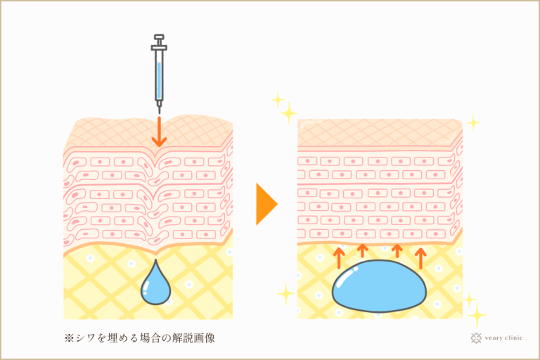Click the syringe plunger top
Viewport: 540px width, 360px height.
click(x=159, y=37)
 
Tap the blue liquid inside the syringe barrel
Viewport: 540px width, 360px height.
click(x=159, y=80)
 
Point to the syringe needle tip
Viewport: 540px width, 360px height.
click(x=159, y=112)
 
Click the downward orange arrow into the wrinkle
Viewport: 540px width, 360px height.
click(x=159, y=131)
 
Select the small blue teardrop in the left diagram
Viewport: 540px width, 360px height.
click(x=155, y=284)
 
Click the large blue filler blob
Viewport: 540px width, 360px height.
click(x=379, y=286)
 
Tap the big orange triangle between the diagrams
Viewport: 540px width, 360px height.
click(x=266, y=205)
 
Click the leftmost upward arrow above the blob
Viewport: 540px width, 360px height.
click(x=339, y=257)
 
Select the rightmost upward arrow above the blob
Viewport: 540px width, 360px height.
click(x=420, y=257)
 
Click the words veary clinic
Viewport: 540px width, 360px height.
click(x=503, y=338)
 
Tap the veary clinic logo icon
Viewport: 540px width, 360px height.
click(x=476, y=338)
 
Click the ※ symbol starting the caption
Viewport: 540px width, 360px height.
click(x=69, y=338)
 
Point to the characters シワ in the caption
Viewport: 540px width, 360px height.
click(x=85, y=338)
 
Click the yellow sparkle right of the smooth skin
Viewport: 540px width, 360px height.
click(x=473, y=122)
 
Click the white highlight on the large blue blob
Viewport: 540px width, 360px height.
click(x=345, y=276)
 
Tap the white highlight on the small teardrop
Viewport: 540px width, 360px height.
click(x=146, y=287)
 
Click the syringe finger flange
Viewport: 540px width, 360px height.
click(x=159, y=48)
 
